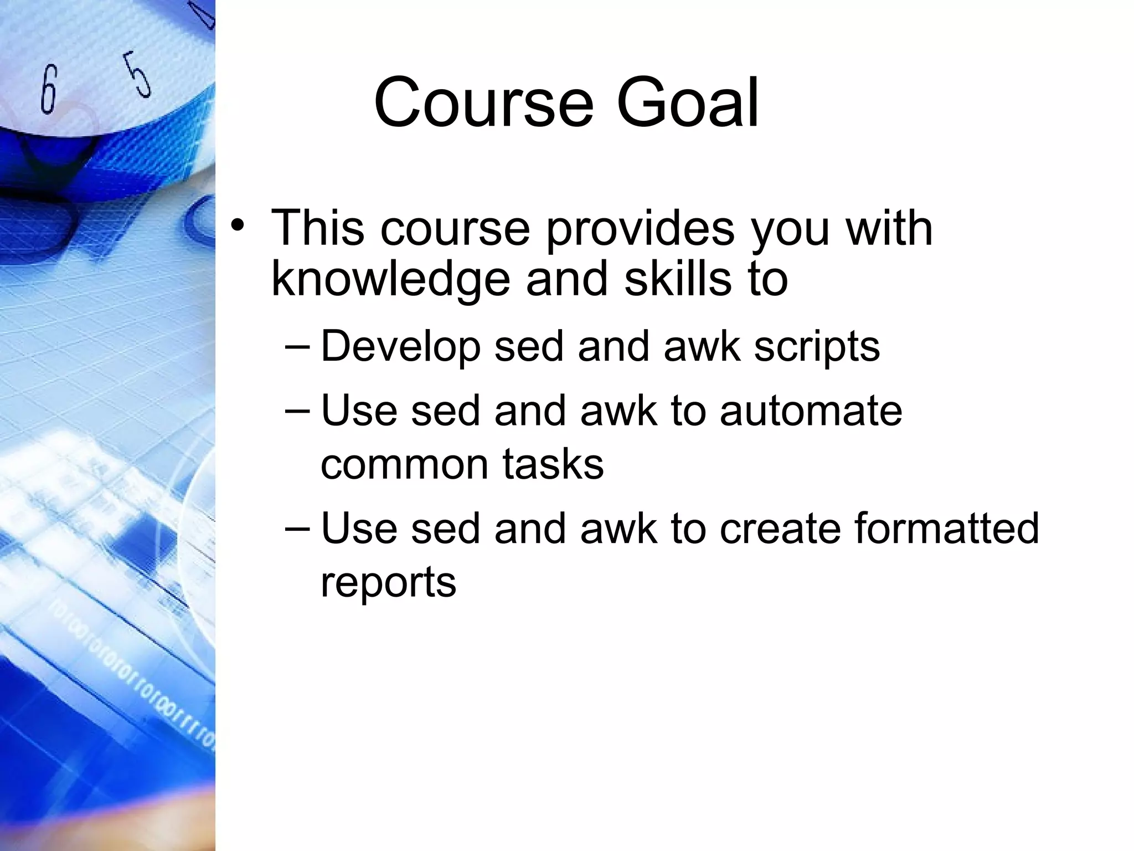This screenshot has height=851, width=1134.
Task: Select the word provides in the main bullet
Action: pos(640,228)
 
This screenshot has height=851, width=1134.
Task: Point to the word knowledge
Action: pos(390,280)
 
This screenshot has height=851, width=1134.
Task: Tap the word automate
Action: pos(811,411)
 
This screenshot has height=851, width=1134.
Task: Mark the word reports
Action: pos(388,583)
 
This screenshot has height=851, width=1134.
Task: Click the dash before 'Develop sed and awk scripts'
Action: pos(300,346)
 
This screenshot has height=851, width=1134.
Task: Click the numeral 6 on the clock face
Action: pos(49,89)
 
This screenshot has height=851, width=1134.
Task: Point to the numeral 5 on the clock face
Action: pos(136,74)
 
